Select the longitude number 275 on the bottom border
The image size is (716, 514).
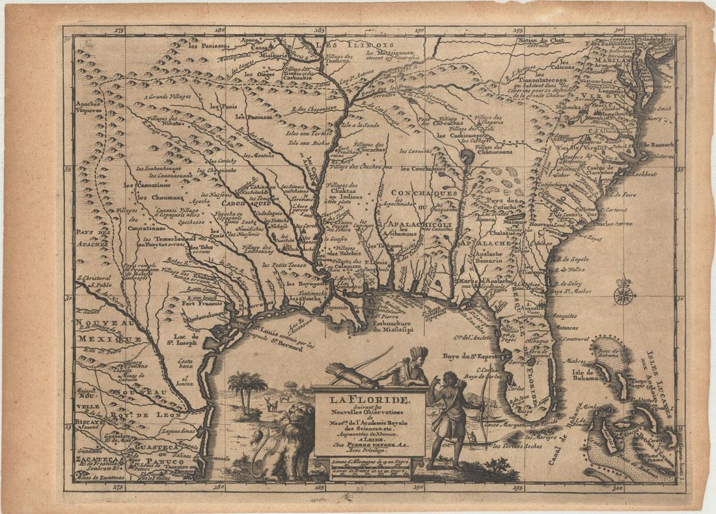pos(118,485)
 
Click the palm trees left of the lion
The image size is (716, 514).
pos(248,386)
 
